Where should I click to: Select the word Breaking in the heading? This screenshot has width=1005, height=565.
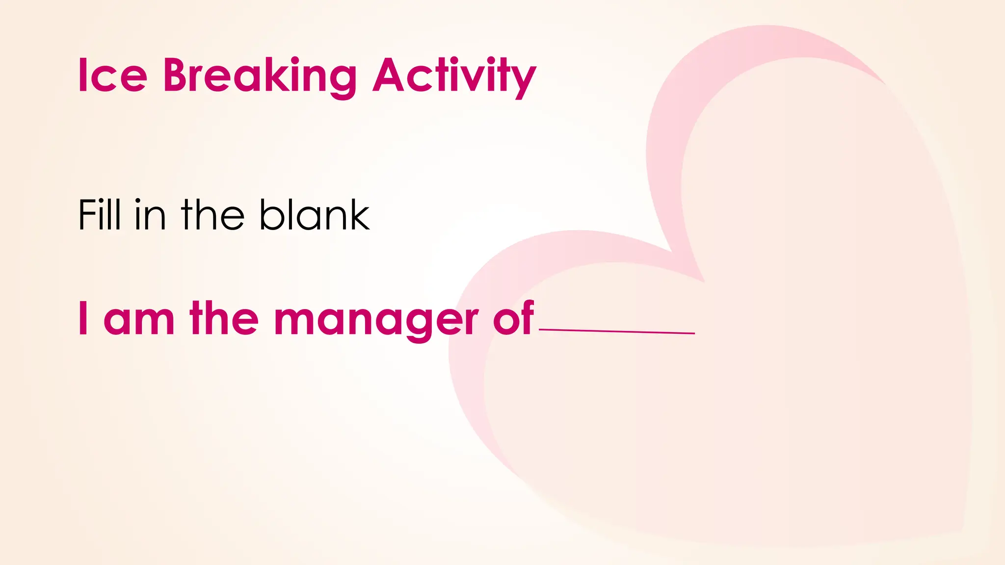(260, 76)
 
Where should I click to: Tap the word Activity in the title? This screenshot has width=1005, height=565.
(454, 76)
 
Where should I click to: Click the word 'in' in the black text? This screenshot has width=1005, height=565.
(150, 216)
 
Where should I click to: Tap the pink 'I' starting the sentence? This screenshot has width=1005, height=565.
(83, 318)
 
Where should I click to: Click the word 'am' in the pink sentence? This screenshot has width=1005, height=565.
(139, 321)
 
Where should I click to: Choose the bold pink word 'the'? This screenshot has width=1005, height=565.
(224, 318)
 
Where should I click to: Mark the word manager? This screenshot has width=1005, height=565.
(376, 321)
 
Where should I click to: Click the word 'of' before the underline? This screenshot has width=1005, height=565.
(513, 318)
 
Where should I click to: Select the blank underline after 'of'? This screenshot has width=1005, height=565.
(617, 332)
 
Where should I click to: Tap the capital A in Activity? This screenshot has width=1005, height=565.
(390, 76)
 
